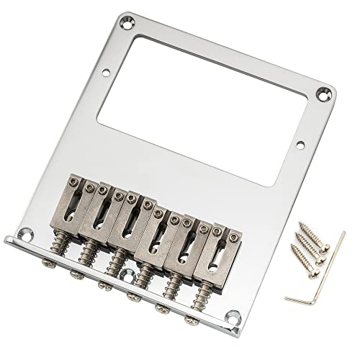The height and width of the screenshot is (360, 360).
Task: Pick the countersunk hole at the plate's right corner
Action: coord(333,92)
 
